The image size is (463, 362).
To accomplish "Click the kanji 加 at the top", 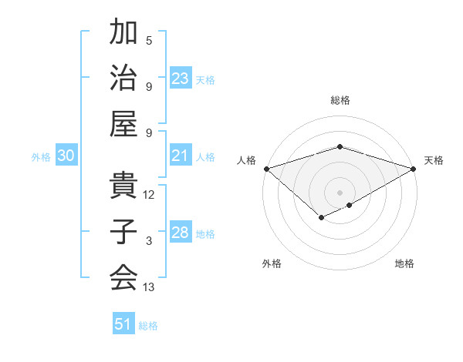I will coord(123,33).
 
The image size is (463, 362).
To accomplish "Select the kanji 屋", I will coord(123,123).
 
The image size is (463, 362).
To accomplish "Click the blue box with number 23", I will coord(181,79).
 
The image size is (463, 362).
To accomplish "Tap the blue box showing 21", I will coord(181,156).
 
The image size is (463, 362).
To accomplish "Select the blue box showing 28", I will coord(181,233).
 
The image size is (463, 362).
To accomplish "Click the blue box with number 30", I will coord(66,156).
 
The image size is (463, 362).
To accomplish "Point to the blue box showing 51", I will coord(123,324).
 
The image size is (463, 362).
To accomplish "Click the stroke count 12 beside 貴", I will coord(149,195).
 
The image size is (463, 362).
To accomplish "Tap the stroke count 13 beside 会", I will coord(149,287).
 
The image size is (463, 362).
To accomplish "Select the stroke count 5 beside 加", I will coord(149,41).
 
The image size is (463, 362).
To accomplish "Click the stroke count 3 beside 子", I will coord(149,241).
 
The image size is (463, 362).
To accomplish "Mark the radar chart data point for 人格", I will coord(266,168).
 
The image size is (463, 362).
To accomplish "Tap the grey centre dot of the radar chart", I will coord(340,192).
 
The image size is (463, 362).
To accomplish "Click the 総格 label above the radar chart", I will coord(340,100).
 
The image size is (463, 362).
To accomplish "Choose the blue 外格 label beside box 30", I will coord(41,157).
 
